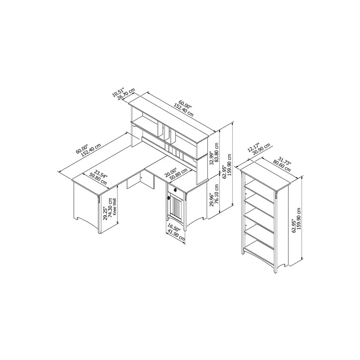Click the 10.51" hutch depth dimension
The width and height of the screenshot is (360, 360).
click(x=118, y=92)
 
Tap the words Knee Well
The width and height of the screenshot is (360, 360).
click(x=115, y=207)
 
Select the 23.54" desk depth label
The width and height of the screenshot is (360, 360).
click(x=100, y=174)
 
